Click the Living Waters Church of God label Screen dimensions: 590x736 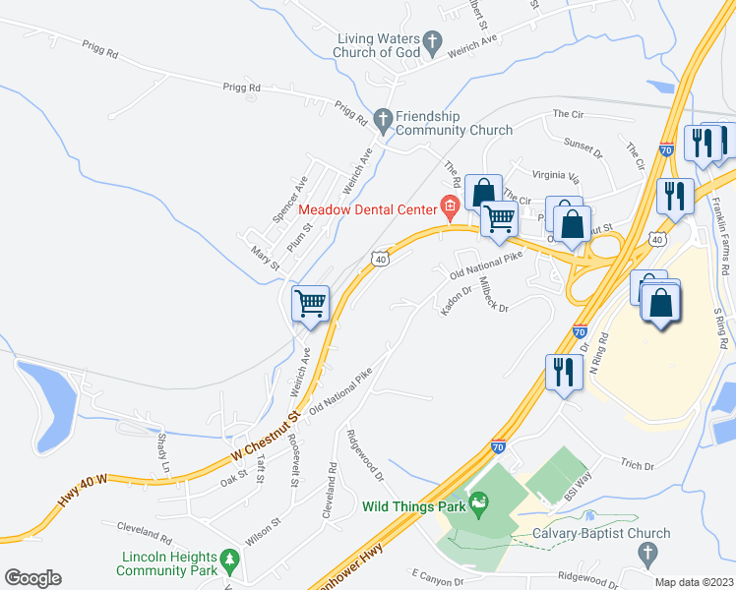tap(375, 45)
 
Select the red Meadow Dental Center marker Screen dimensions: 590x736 tap(451, 206)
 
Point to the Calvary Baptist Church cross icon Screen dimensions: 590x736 tap(646, 554)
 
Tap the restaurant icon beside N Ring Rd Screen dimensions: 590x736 tap(561, 372)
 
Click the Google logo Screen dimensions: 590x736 tap(32, 578)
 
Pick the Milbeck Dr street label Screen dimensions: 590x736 tap(492, 292)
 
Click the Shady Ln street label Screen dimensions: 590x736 tap(163, 453)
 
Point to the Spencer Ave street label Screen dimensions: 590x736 tap(291, 196)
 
